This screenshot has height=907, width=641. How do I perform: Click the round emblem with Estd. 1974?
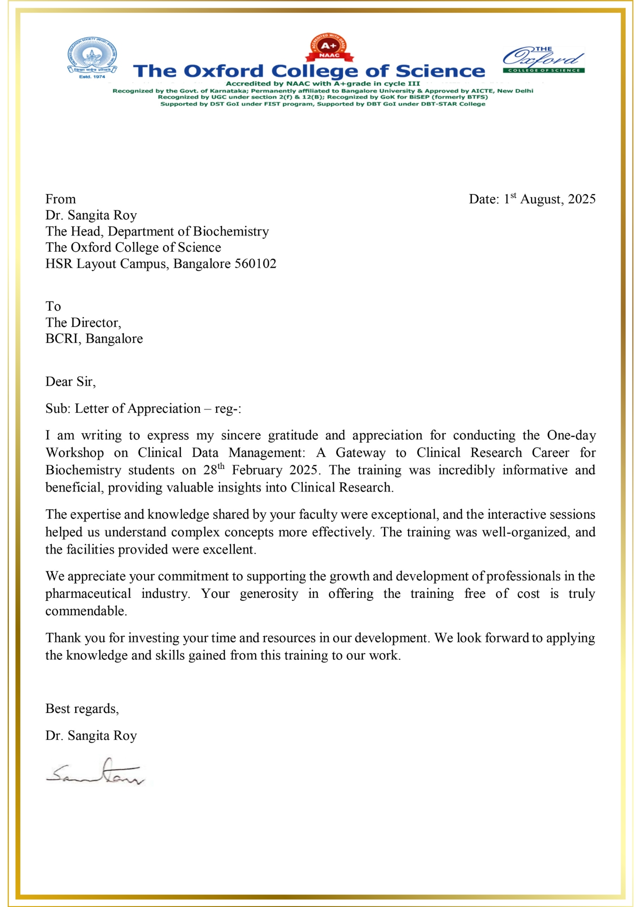point(92,58)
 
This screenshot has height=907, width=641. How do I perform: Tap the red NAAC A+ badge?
point(329,48)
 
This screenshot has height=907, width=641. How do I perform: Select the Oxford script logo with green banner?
point(544,60)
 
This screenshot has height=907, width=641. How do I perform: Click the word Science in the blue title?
point(440,71)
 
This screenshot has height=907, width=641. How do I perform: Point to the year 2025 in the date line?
point(582,199)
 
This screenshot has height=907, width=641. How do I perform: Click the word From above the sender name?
point(60,199)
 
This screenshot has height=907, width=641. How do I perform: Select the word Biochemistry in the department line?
point(231,231)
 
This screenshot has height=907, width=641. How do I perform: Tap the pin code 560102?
point(255,263)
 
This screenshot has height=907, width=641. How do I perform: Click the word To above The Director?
point(53,306)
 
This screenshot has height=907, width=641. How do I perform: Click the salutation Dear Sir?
point(70,381)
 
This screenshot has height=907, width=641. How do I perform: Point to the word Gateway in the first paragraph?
point(360,453)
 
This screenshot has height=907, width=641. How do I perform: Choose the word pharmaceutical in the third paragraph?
point(88,594)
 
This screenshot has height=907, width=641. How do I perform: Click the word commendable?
point(86,611)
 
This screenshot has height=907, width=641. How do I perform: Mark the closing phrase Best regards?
point(82,709)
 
